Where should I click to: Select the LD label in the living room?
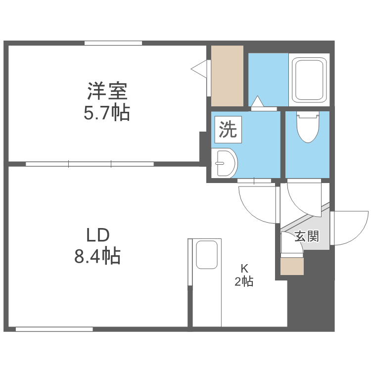coord(97,234)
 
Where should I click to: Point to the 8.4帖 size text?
coord(97,256)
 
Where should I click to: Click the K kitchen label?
coord(244,269)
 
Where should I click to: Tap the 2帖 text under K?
coord(244,282)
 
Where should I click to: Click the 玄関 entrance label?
coord(307,236)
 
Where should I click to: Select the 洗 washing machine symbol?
coord(228,130)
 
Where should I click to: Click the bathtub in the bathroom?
coord(309,79)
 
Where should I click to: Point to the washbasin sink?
coord(226,163)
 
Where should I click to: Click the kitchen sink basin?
coord(207,254)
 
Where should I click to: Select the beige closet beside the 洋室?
coord(228,75)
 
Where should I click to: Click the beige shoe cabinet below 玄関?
coord(292,266)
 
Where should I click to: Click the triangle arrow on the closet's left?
coord(199,69)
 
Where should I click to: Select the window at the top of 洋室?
coord(113,43)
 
